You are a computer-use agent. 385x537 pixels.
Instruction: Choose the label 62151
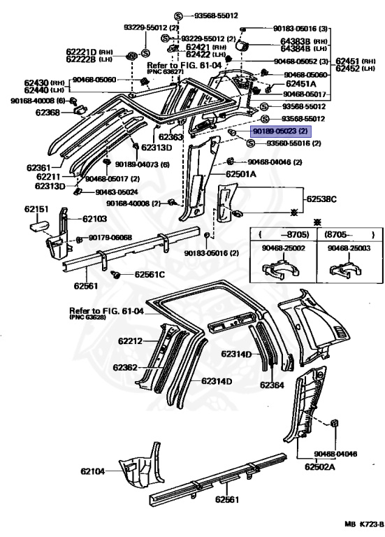[36, 209]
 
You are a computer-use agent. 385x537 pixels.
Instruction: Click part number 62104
[93, 472]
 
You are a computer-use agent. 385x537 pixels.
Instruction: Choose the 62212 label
[130, 341]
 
